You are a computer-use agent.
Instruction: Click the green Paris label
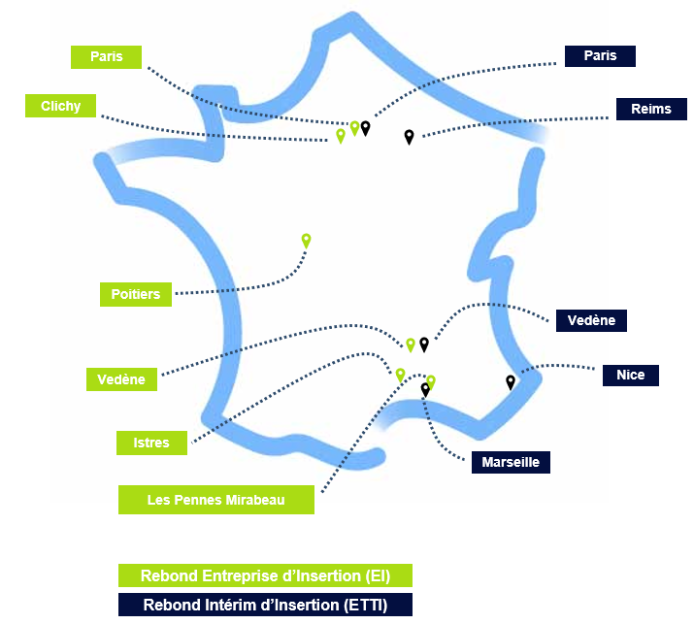click(x=106, y=57)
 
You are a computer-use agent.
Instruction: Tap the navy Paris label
click(x=600, y=56)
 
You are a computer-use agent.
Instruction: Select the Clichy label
click(x=61, y=106)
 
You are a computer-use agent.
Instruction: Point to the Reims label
click(x=650, y=109)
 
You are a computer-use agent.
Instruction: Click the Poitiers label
click(x=136, y=293)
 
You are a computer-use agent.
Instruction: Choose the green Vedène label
click(x=121, y=379)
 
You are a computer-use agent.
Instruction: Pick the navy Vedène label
click(x=591, y=320)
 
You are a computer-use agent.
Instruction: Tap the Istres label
click(x=151, y=443)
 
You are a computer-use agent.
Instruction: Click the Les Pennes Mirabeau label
click(x=216, y=500)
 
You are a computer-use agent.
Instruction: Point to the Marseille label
click(x=511, y=462)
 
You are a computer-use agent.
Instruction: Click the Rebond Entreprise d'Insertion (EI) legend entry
click(x=265, y=575)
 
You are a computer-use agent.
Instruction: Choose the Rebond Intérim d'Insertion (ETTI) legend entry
click(x=265, y=605)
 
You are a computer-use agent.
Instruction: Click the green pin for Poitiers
click(x=306, y=240)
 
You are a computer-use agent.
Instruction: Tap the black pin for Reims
click(x=409, y=137)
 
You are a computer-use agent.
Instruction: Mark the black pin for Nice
click(x=511, y=381)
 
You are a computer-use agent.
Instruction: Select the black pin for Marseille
click(x=425, y=389)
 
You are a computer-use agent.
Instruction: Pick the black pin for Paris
click(x=366, y=127)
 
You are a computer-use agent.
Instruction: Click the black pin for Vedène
click(x=424, y=344)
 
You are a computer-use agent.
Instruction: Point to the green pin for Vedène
click(x=411, y=345)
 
